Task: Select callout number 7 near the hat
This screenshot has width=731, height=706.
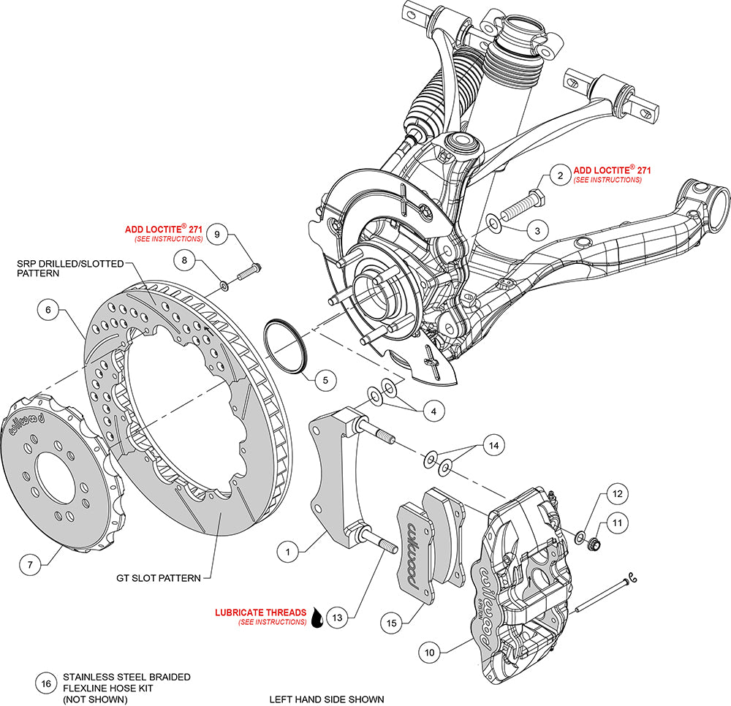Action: click(x=29, y=563)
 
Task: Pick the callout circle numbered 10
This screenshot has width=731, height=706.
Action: click(x=429, y=651)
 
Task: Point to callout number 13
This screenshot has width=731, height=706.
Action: click(x=336, y=617)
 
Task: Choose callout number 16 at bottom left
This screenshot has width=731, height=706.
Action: click(x=45, y=684)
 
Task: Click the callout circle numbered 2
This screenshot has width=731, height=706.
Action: click(x=559, y=175)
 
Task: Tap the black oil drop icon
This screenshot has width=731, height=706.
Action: click(x=317, y=618)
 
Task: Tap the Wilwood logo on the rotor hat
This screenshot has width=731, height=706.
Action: click(x=25, y=422)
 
